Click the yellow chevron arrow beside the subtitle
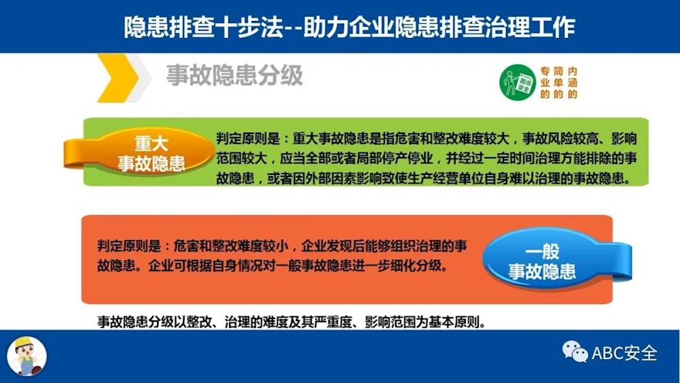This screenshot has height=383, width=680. coord(117,78)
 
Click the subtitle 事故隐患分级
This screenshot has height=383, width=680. coord(235,76)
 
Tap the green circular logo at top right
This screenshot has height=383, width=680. coord(517,82)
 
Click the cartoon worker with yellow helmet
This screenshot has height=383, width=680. coord(27,356)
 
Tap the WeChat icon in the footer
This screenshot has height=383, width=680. coord(575,352)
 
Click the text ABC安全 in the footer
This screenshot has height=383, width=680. coord(624,352)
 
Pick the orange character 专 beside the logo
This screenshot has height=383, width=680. coord(545,71)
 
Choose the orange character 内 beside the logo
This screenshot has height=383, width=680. coord(573,71)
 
